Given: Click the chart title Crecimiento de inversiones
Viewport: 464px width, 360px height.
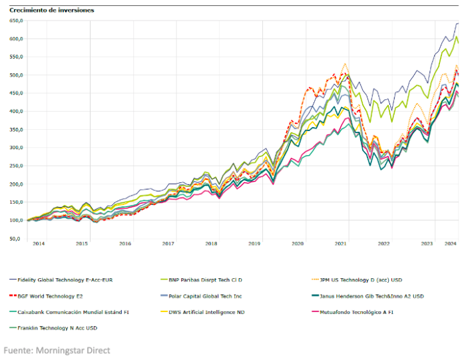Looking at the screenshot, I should (52, 11).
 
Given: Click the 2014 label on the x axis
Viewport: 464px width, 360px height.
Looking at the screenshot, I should (39, 244).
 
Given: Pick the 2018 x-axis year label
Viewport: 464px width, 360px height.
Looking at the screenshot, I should (212, 244).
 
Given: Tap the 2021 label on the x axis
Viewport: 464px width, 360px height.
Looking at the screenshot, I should (341, 244).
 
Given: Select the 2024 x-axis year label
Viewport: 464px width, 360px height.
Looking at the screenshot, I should (450, 244).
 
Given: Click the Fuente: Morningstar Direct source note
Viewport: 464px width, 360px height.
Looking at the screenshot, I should (57, 350).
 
